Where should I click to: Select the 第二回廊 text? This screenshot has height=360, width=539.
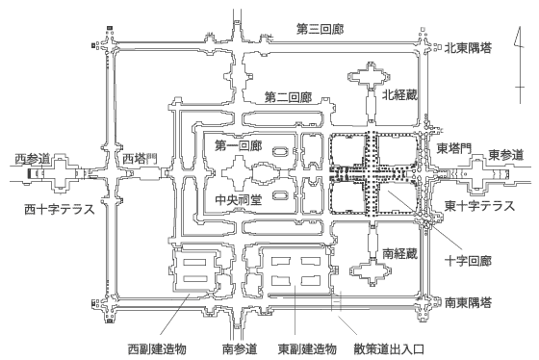click(x=287, y=97)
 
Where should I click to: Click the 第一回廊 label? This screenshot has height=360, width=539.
click(x=239, y=145)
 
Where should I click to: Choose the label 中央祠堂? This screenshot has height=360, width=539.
click(x=236, y=202)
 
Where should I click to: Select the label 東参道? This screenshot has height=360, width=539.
click(x=505, y=155)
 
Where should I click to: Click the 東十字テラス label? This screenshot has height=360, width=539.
click(x=479, y=206)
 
